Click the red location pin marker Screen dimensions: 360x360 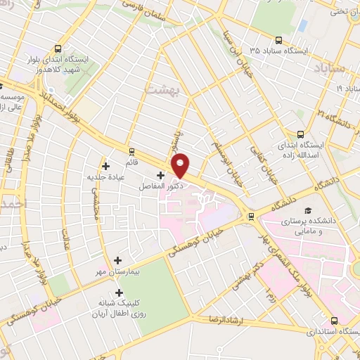tap(181, 165)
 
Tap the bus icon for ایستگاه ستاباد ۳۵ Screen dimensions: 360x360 tap(280, 40)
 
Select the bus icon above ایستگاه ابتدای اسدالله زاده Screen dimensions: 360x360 tap(300, 134)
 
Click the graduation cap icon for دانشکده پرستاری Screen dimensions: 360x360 tap(307, 210)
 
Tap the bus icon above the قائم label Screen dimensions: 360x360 tap(131, 151)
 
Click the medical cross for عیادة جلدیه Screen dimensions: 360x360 tap(106, 167)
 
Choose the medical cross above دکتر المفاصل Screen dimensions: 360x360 tap(160, 175)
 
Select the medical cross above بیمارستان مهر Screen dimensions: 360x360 tap(117, 260)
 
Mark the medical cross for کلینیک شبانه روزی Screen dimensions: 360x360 tap(118, 292)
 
